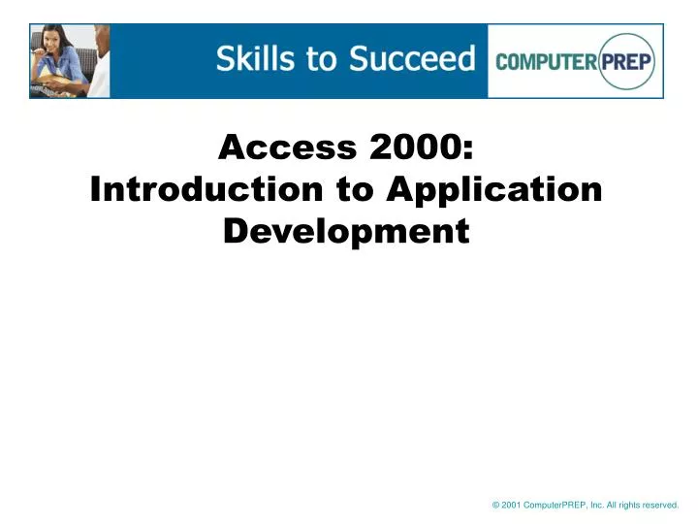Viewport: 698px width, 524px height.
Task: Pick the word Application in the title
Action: point(494,190)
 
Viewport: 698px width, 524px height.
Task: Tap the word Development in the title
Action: point(346,231)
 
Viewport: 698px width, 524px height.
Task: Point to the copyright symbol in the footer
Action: point(495,505)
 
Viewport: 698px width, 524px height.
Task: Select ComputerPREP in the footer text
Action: point(554,505)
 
